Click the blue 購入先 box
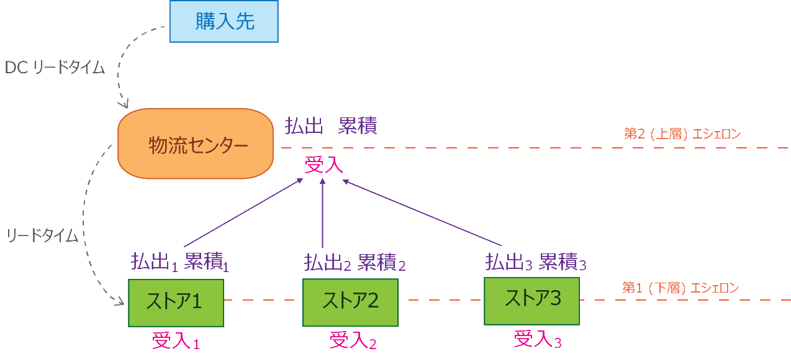click(224, 22)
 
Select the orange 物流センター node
click(196, 144)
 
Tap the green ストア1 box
click(175, 303)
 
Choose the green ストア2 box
click(350, 302)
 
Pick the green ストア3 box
click(531, 301)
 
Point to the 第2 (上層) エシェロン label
click(682, 134)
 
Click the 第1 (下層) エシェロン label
click(680, 288)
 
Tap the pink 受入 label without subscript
click(323, 165)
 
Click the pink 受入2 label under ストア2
click(353, 340)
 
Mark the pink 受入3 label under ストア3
click(538, 339)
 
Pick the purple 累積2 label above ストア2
click(381, 263)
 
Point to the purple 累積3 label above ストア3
click(562, 262)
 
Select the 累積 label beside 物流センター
click(358, 126)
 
